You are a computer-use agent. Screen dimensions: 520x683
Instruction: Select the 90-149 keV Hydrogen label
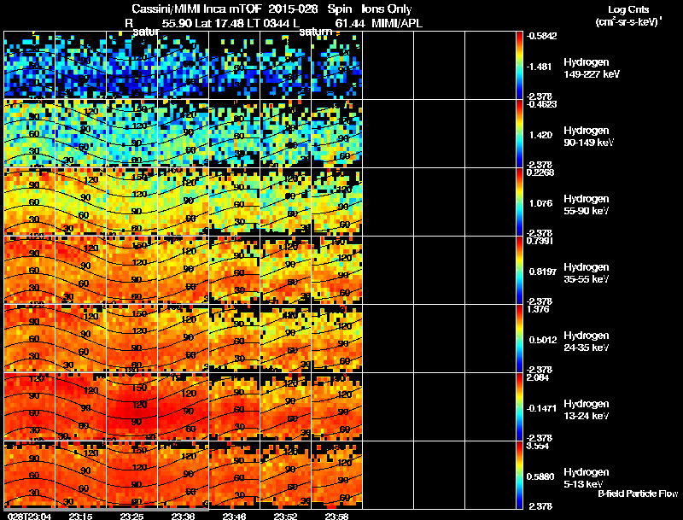point(587,143)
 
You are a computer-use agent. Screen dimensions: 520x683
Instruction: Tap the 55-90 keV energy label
point(586,211)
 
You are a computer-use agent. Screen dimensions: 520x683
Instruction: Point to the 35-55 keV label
point(586,279)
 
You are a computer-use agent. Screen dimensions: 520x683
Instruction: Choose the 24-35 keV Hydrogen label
point(586,348)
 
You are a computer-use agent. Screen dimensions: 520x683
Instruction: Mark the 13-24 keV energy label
point(586,416)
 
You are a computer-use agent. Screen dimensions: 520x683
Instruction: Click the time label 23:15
point(80,515)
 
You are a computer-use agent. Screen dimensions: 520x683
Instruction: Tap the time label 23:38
point(183,515)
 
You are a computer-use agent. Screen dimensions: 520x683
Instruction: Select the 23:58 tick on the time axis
point(336,515)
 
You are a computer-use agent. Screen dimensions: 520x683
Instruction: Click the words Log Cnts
point(628,9)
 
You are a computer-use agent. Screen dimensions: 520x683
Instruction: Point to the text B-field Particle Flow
point(637,494)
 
